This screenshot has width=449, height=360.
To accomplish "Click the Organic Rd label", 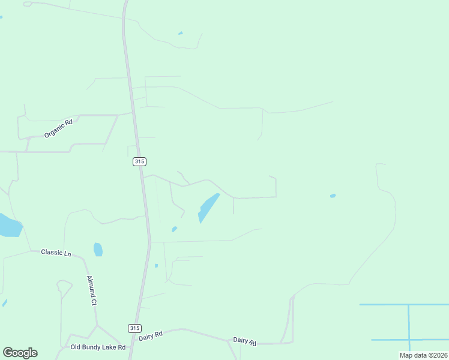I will pyautogui.click(x=58, y=128).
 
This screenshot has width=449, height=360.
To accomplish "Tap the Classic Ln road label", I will pyautogui.click(x=56, y=253).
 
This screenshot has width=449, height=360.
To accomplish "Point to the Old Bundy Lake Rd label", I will pyautogui.click(x=98, y=347).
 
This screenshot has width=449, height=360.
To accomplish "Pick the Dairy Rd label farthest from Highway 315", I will pyautogui.click(x=245, y=341).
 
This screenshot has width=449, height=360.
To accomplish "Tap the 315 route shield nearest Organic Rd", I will pyautogui.click(x=139, y=161).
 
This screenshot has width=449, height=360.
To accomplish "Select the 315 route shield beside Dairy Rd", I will pyautogui.click(x=134, y=328).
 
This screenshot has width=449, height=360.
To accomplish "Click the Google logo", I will pyautogui.click(x=20, y=352).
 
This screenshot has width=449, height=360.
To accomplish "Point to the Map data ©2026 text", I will pyautogui.click(x=423, y=355).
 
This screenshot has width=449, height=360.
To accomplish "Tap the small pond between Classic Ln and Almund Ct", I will pyautogui.click(x=98, y=249).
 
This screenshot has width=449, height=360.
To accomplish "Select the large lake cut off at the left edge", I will pyautogui.click(x=9, y=225).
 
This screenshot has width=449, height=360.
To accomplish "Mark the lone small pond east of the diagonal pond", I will pyautogui.click(x=333, y=196).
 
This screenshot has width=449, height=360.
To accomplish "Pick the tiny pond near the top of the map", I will pyautogui.click(x=180, y=33).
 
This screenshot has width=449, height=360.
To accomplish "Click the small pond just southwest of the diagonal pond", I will pyautogui.click(x=174, y=229).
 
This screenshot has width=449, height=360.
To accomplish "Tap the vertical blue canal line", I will pyautogui.click(x=409, y=327).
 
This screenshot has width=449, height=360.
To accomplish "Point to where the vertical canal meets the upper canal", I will pyautogui.click(x=409, y=305).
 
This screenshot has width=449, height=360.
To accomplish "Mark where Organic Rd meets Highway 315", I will pyautogui.click(x=133, y=112).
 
